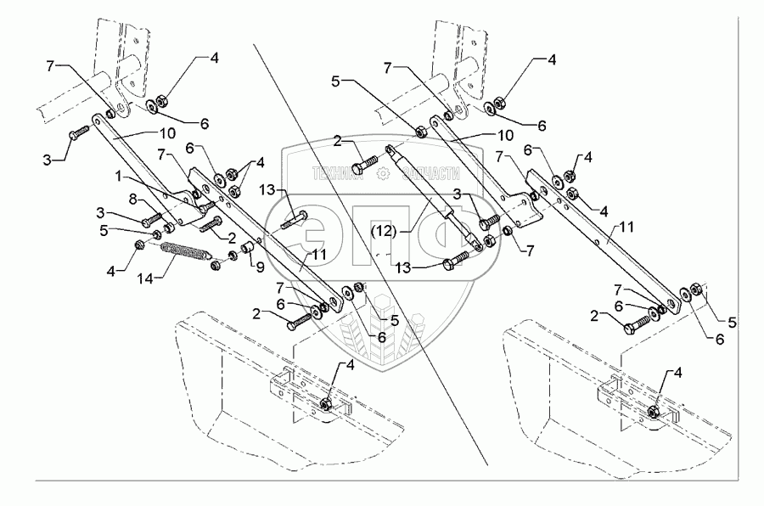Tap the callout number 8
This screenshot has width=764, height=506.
click(133, 198)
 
